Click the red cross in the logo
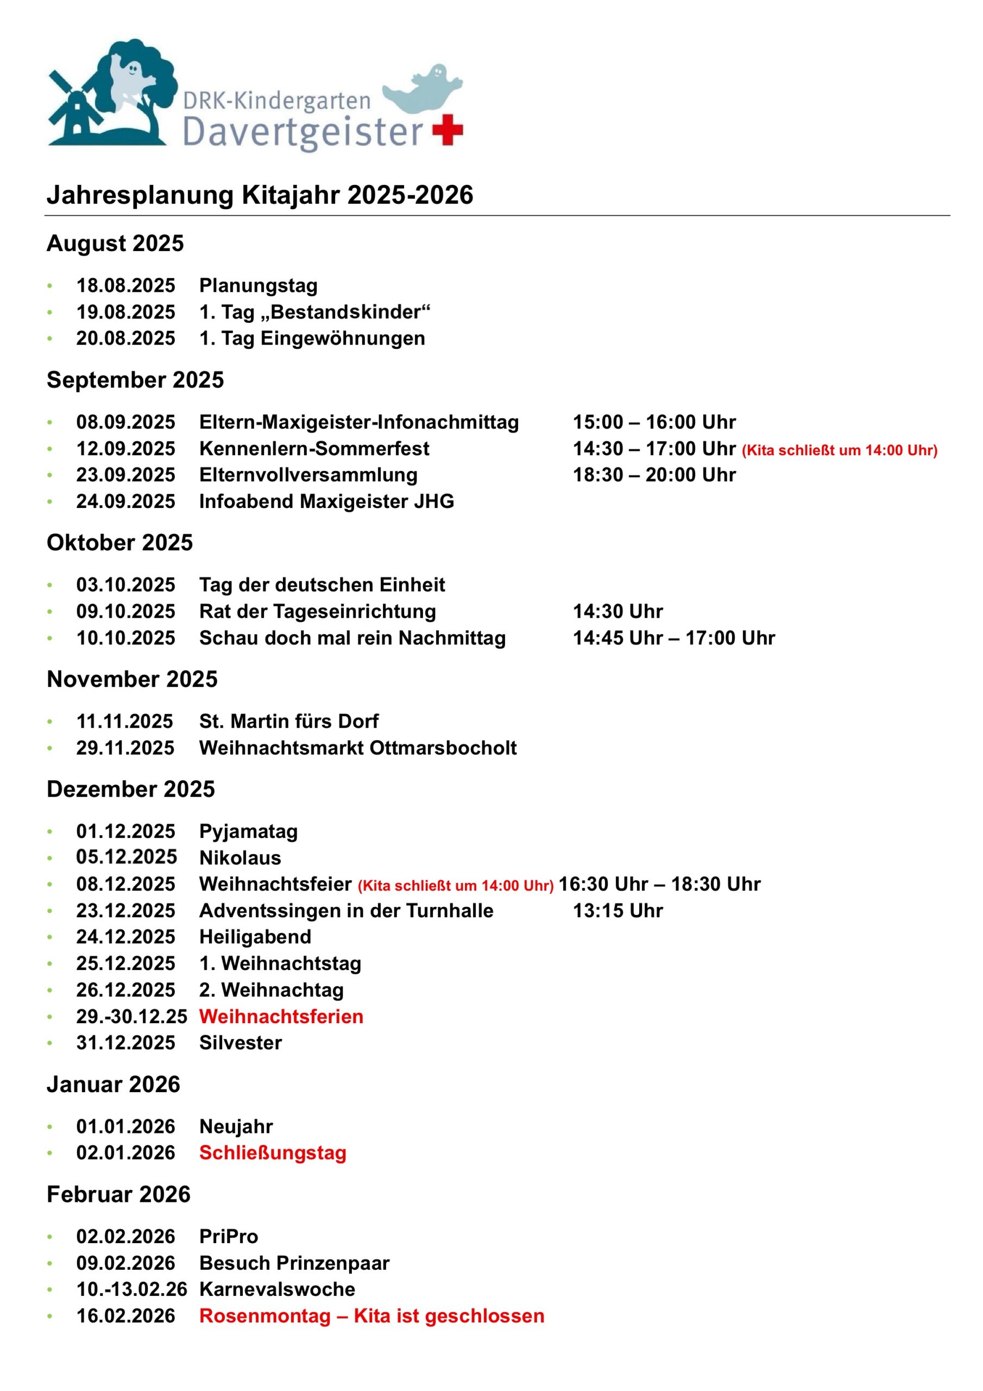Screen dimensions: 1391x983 pos(448,129)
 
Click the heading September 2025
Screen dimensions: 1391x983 pos(135,380)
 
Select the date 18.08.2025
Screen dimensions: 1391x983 pos(125,285)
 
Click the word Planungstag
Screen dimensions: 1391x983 pos(258,285)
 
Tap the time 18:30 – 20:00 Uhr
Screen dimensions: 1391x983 pos(654,475)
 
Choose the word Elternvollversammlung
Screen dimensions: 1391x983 pos(308,475)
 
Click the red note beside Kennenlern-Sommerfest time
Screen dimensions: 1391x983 pos(840,450)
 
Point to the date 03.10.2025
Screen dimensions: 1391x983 pos(125,585)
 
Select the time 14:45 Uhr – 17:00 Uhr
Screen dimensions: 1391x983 pos(673,638)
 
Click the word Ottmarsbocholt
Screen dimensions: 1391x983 pos(443,748)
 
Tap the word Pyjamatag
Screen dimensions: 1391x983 pos(248,831)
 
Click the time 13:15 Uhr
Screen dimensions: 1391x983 pos(618,911)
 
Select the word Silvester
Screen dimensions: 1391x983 pos(241,1043)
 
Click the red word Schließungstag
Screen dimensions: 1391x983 pos(273,1152)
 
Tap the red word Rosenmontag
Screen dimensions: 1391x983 pos(264,1315)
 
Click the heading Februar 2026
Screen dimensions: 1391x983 pos(119,1194)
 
